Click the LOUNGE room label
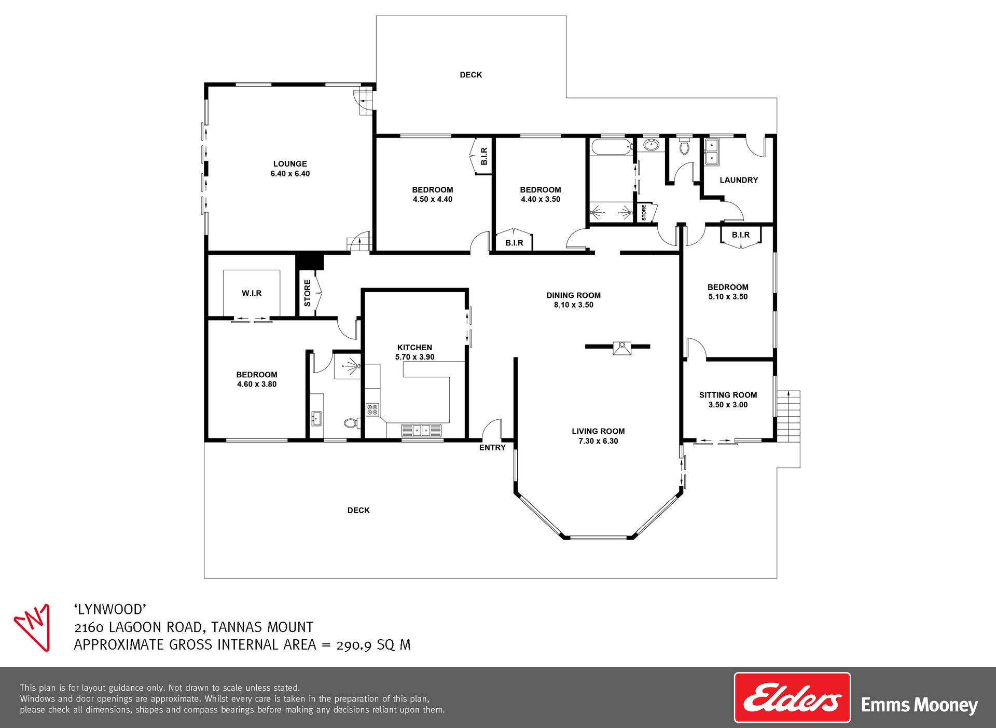click(x=290, y=164)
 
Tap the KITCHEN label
click(x=414, y=348)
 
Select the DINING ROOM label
click(x=573, y=295)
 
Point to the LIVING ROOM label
click(x=598, y=431)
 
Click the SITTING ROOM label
click(x=728, y=395)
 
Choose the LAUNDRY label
click(x=739, y=180)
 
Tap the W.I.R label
click(x=252, y=293)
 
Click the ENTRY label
click(x=492, y=447)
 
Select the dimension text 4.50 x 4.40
click(x=433, y=199)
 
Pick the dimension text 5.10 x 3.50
click(x=728, y=297)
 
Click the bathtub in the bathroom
click(x=612, y=146)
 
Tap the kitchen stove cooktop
click(x=372, y=410)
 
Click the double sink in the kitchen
click(x=421, y=430)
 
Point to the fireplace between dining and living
click(x=621, y=348)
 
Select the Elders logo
click(x=792, y=697)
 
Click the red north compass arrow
click(x=33, y=627)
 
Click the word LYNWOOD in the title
click(x=110, y=609)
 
